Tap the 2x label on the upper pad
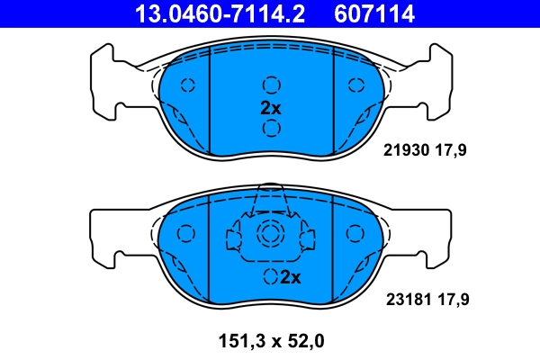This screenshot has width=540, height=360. pyautogui.click(x=271, y=107)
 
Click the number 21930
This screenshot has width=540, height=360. pyautogui.click(x=405, y=151)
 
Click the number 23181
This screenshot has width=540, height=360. pyautogui.click(x=405, y=296)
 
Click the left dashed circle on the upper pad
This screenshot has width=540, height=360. pyautogui.click(x=188, y=85)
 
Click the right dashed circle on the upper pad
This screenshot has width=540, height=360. pyautogui.click(x=354, y=85)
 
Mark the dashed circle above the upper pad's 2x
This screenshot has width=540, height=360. pyautogui.click(x=271, y=85)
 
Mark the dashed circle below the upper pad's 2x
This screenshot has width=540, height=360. pyautogui.click(x=271, y=128)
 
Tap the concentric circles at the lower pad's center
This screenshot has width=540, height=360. pyautogui.click(x=270, y=236)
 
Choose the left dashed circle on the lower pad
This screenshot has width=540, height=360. pyautogui.click(x=186, y=234)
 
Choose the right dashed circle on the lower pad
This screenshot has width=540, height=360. pyautogui.click(x=354, y=234)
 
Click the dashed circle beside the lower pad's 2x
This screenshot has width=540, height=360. pyautogui.click(x=269, y=276)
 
